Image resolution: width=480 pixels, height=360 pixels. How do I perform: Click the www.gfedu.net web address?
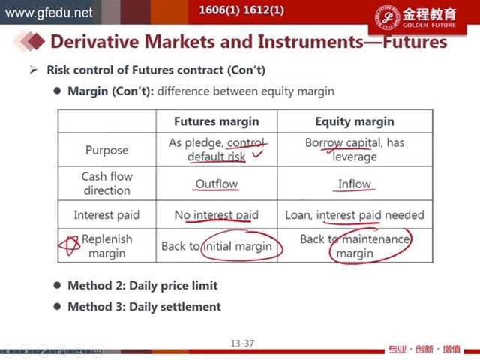click(x=49, y=13)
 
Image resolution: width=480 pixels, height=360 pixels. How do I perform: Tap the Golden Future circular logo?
click(x=387, y=17)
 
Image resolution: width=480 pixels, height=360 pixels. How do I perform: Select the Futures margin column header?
click(x=217, y=121)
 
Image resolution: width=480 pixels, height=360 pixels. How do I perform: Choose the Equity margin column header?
click(x=355, y=121)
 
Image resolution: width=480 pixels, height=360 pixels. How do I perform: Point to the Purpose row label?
click(x=106, y=150)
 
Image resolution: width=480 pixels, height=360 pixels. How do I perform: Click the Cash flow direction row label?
click(x=106, y=183)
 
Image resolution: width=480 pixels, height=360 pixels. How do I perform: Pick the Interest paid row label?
click(x=106, y=215)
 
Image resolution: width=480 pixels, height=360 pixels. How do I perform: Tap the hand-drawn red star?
click(x=69, y=245)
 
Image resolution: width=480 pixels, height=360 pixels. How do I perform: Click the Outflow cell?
click(x=217, y=184)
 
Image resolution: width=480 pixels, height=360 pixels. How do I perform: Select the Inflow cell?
click(x=355, y=184)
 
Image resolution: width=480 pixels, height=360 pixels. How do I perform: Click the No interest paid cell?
click(x=217, y=215)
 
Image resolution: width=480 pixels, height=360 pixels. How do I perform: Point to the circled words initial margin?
click(x=238, y=246)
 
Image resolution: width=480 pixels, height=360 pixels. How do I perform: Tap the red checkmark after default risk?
click(x=257, y=154)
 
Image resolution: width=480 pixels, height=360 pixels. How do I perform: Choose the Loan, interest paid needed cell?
click(x=355, y=215)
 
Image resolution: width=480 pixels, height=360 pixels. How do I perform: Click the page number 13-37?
click(x=242, y=343)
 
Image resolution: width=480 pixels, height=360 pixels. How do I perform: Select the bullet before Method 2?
click(x=57, y=285)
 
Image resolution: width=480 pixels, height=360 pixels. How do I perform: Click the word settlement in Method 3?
click(x=190, y=307)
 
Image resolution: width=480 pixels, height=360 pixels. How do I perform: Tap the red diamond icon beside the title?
click(x=37, y=41)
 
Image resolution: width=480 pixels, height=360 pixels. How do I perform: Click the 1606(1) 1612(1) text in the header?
click(x=241, y=10)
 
